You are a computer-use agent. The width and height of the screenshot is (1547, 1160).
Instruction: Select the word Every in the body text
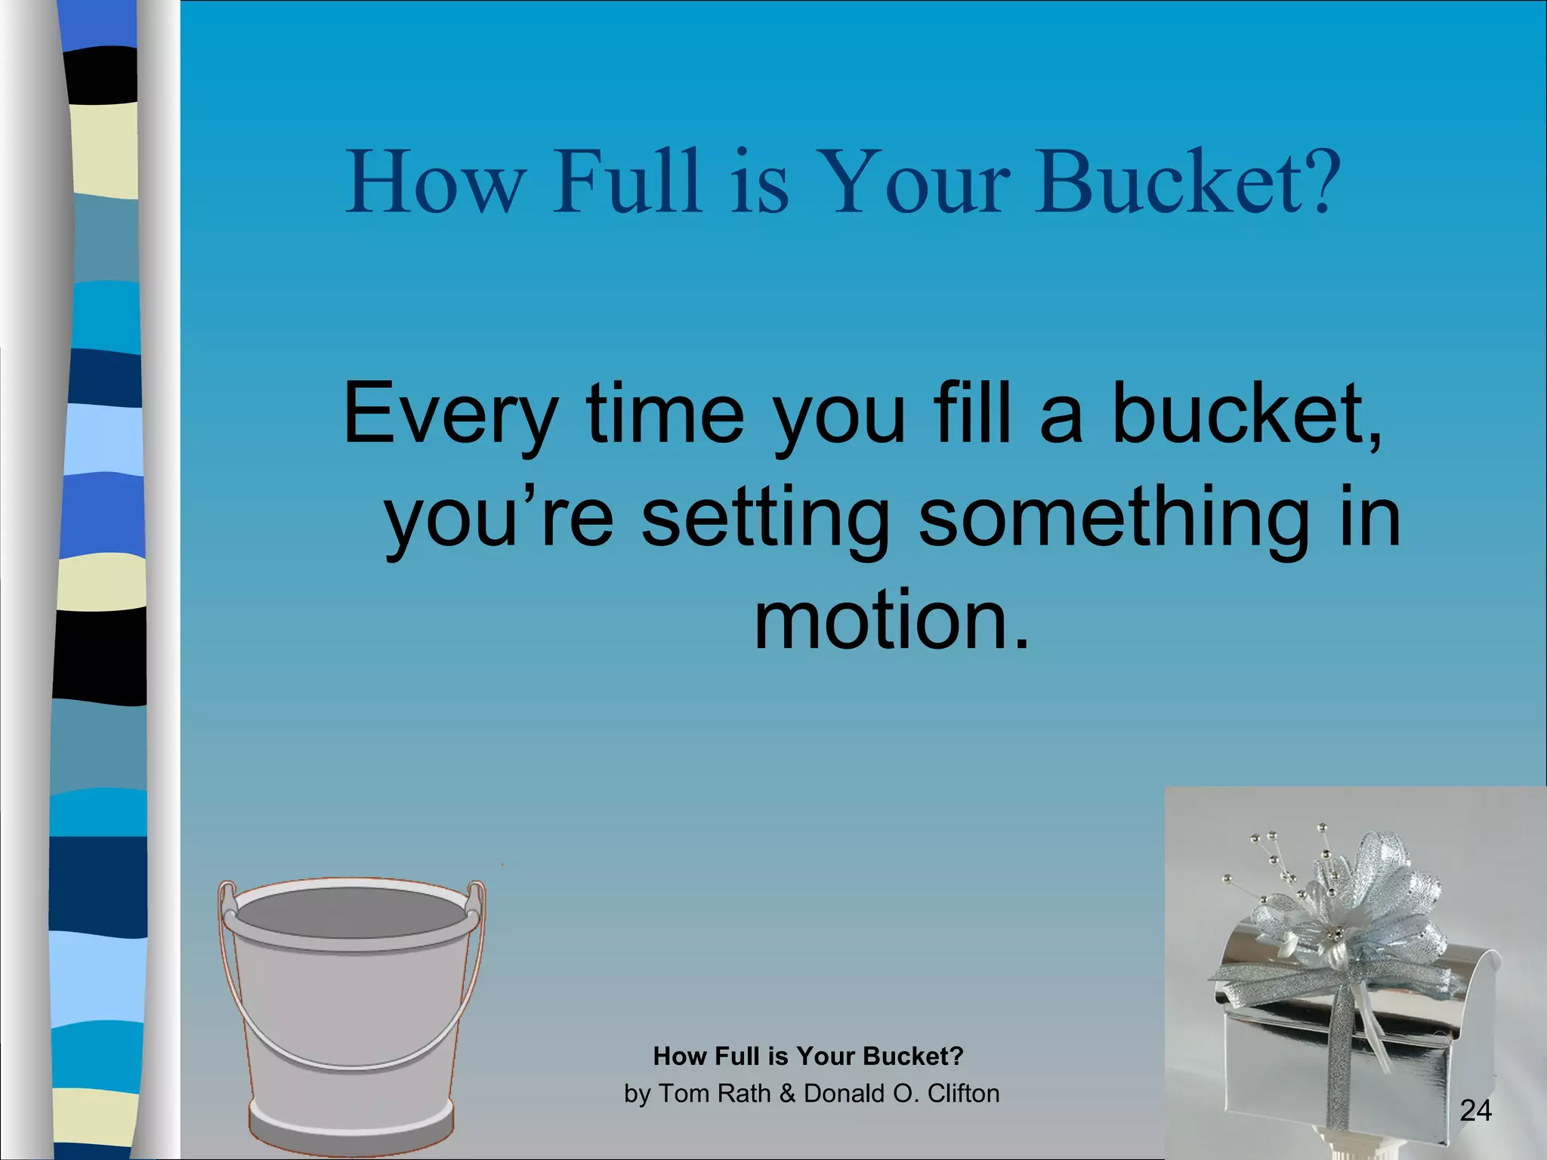[450, 415]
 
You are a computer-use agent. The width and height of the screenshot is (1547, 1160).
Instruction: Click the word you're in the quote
[499, 520]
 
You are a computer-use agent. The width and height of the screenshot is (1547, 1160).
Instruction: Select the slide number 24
[1475, 1110]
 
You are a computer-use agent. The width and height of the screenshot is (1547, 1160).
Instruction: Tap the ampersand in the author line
[787, 1094]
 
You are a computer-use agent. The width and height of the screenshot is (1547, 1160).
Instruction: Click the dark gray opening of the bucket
[351, 914]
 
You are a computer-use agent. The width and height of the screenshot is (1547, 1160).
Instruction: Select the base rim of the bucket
[351, 1129]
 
